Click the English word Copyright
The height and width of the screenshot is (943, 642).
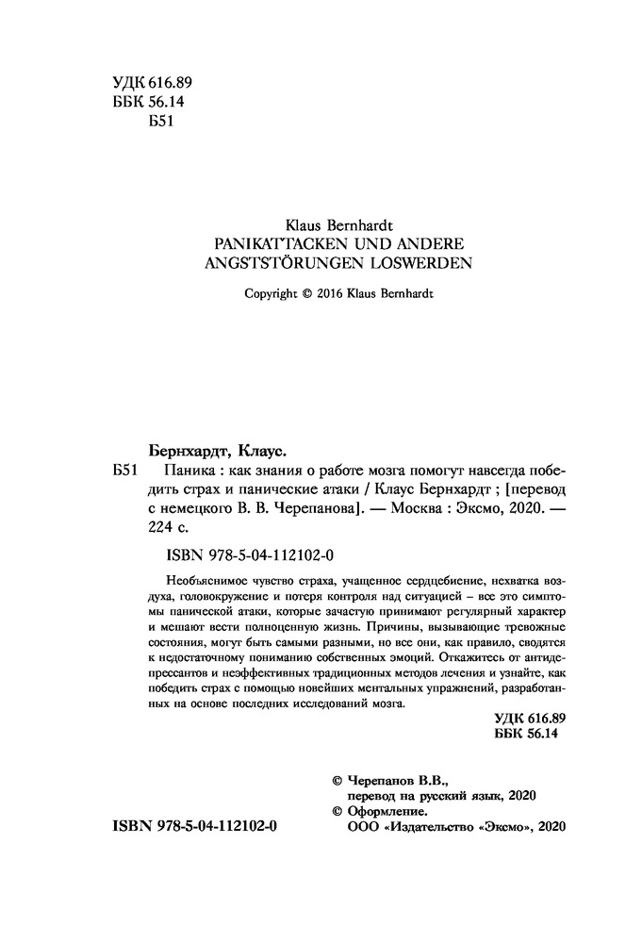(x=270, y=293)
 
